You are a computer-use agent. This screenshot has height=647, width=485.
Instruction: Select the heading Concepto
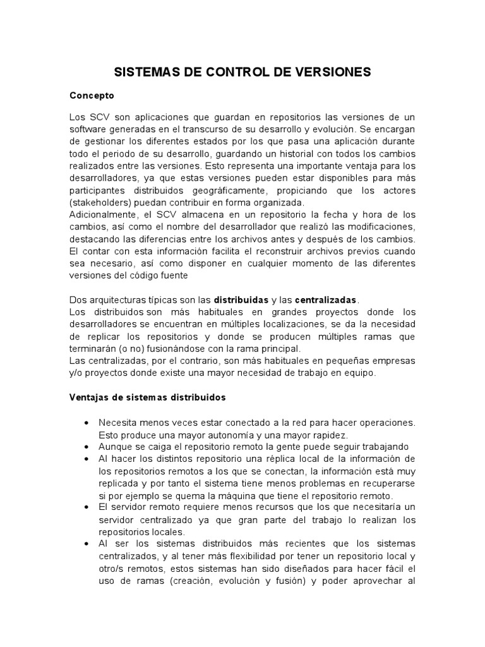[x=92, y=95]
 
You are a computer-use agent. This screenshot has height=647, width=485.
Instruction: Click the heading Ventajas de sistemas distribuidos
[x=147, y=398]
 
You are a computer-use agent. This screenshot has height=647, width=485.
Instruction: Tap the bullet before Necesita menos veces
[x=85, y=422]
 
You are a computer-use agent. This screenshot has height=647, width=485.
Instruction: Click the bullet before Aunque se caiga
[x=85, y=446]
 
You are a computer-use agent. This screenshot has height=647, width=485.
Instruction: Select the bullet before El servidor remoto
[x=85, y=507]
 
